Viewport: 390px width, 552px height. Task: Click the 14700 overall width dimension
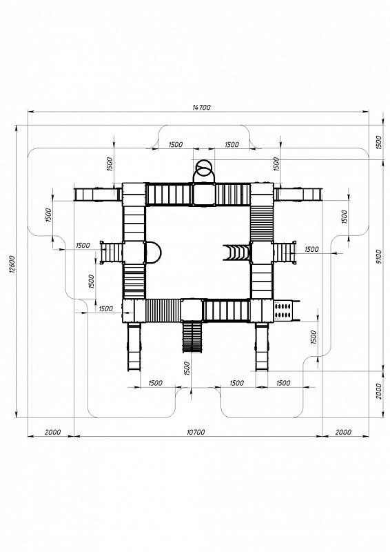(x=201, y=108)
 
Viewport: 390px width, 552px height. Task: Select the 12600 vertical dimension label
(x=12, y=264)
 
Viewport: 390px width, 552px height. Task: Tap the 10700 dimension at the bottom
(x=195, y=432)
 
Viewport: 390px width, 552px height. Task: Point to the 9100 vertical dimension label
(x=378, y=257)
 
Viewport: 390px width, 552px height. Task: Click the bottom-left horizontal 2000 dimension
(x=53, y=432)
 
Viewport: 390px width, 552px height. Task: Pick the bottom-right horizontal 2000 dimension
(x=343, y=432)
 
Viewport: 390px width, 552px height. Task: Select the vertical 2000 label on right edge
(x=378, y=391)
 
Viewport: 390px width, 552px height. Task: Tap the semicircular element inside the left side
(x=154, y=252)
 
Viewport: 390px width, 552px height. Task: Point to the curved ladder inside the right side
(x=236, y=253)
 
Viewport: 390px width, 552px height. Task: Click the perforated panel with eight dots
(x=283, y=310)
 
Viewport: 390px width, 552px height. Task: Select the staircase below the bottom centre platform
(x=192, y=337)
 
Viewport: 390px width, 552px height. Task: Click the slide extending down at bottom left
(x=134, y=347)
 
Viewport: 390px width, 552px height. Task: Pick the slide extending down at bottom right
(x=262, y=347)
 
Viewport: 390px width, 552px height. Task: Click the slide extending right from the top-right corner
(x=298, y=195)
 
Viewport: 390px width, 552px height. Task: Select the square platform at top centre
(x=204, y=194)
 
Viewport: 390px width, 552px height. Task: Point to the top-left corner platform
(x=134, y=194)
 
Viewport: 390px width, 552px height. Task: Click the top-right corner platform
(x=262, y=194)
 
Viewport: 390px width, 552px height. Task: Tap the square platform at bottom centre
(x=192, y=310)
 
